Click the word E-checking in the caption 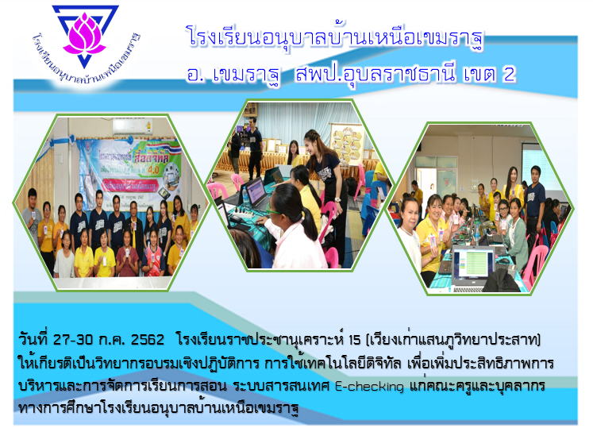(369, 387)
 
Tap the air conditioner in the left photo (133, 127)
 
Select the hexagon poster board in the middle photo (348, 145)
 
